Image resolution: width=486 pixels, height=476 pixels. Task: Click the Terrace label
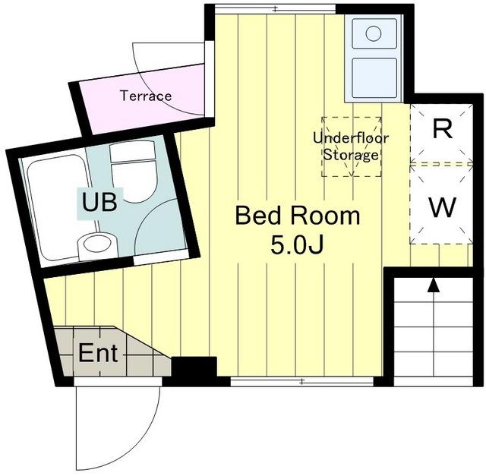pyautogui.click(x=146, y=96)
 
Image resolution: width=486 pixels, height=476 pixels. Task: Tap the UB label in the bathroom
pyautogui.click(x=99, y=202)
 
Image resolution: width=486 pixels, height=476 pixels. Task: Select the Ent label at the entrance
pyautogui.click(x=98, y=353)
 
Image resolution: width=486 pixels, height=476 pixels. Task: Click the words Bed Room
pyautogui.click(x=298, y=216)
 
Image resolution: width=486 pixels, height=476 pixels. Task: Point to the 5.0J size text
pyautogui.click(x=297, y=244)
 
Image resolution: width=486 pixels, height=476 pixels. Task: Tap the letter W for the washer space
pyautogui.click(x=443, y=207)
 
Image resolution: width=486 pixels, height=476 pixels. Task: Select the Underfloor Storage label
pyautogui.click(x=351, y=147)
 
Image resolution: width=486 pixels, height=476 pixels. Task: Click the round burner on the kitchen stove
pyautogui.click(x=373, y=33)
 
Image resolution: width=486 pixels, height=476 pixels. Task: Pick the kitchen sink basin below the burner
pyautogui.click(x=374, y=77)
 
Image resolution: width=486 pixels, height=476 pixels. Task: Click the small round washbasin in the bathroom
pyautogui.click(x=96, y=244)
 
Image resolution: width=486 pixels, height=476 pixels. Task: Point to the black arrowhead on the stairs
pyautogui.click(x=434, y=285)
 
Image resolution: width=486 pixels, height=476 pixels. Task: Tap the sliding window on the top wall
pyautogui.click(x=276, y=9)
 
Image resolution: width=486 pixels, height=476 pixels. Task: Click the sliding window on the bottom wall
pyautogui.click(x=302, y=382)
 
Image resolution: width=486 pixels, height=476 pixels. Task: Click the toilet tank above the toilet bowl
pyautogui.click(x=132, y=152)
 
